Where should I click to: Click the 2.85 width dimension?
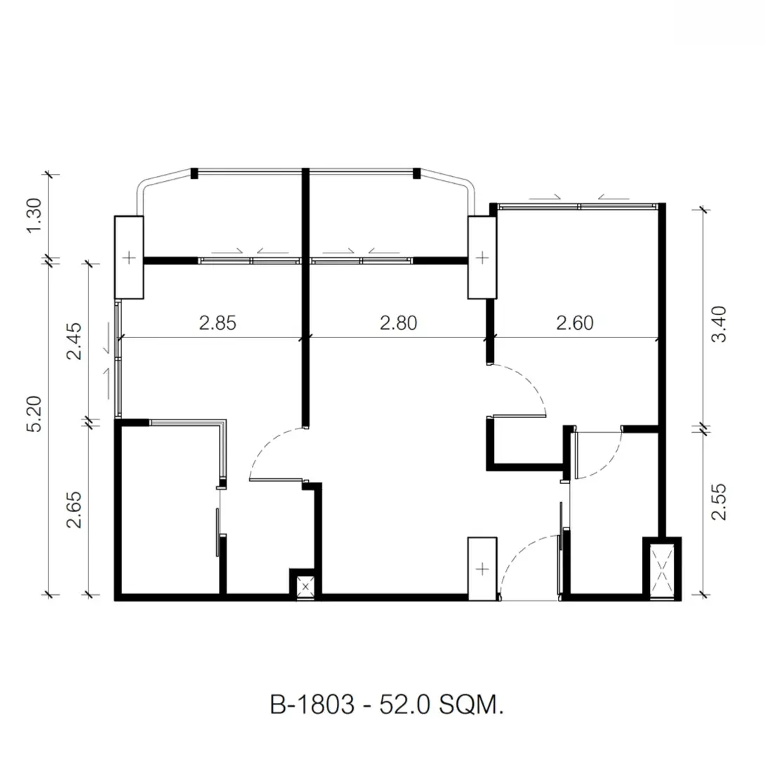point(218,323)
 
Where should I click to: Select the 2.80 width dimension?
point(399,323)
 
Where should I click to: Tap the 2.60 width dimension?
point(575,323)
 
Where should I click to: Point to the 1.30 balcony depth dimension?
point(34,215)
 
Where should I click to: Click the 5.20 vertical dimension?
point(34,414)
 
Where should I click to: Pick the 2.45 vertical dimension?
point(74,340)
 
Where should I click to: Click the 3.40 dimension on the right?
point(719,324)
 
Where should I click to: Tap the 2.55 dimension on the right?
point(719,502)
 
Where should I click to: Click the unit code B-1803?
point(312,705)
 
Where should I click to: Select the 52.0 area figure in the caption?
point(405,705)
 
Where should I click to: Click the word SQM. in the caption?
point(471,705)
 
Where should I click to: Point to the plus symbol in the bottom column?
point(482,569)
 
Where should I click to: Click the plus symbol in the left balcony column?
point(129,257)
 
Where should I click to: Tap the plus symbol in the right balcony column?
point(482,257)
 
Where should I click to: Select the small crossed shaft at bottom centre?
point(305,586)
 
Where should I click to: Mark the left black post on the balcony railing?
point(194,173)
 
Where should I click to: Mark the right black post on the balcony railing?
point(417,173)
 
